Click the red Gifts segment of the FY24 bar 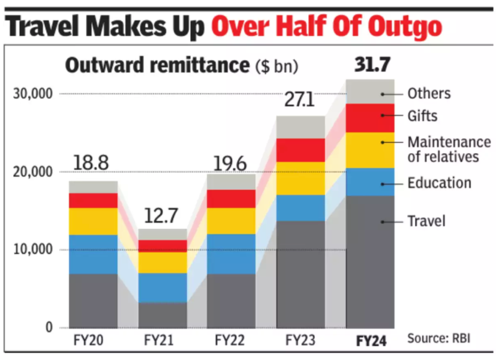coord(370,118)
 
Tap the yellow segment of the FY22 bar coord(232,221)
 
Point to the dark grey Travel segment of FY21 coord(163,314)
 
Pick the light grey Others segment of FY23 coord(300,127)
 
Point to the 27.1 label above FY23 coord(300,100)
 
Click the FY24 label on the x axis coord(370,341)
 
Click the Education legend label coord(439,183)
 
